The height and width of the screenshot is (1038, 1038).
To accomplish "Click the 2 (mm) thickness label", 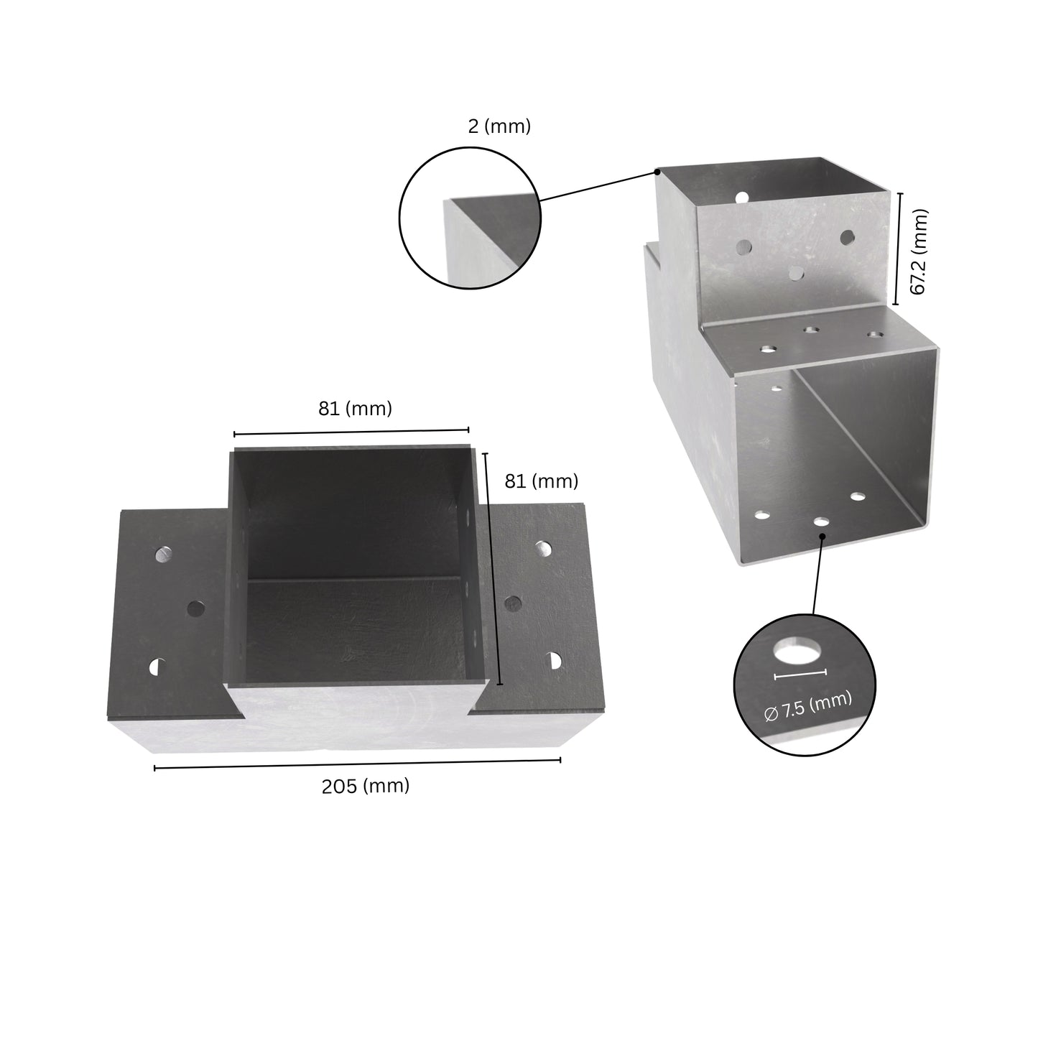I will [499, 126].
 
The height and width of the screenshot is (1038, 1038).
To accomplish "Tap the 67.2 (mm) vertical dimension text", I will [919, 251].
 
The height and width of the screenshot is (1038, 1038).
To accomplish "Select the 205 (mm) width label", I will [365, 786].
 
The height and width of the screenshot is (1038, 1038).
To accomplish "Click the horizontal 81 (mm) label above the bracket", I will [355, 409].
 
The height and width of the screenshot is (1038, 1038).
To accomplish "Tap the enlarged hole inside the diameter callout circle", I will [798, 651].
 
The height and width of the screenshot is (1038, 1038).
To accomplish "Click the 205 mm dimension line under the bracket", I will [357, 764].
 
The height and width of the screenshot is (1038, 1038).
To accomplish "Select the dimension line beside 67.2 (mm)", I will [898, 249].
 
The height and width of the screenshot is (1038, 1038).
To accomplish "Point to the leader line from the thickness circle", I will [598, 186].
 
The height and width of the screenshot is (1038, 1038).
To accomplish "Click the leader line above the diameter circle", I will [818, 575].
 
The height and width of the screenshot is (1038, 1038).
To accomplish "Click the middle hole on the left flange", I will [195, 609].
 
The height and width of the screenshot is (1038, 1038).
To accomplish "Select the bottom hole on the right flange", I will [554, 659].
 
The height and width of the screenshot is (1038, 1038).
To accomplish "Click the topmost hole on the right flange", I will [543, 549].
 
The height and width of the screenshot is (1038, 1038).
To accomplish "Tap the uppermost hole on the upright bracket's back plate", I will [742, 196].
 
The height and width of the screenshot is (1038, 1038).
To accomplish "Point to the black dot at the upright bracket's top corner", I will [657, 172].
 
